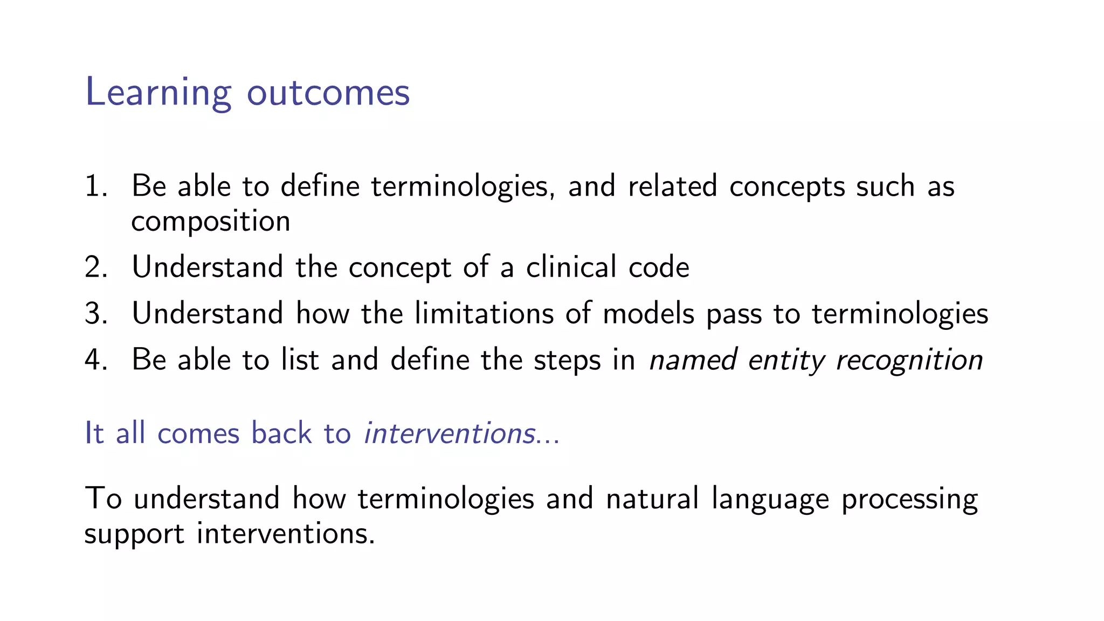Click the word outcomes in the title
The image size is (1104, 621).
[328, 93]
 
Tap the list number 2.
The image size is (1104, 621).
[95, 267]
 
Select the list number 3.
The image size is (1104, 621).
[95, 314]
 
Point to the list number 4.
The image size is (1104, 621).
[95, 360]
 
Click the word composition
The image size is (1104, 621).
[210, 222]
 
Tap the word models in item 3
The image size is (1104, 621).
[648, 314]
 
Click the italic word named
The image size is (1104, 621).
[693, 360]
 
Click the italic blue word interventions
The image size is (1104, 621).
[450, 433]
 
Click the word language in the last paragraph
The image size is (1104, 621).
[770, 499]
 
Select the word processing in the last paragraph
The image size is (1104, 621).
[909, 499]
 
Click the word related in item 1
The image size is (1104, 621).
[672, 187]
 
